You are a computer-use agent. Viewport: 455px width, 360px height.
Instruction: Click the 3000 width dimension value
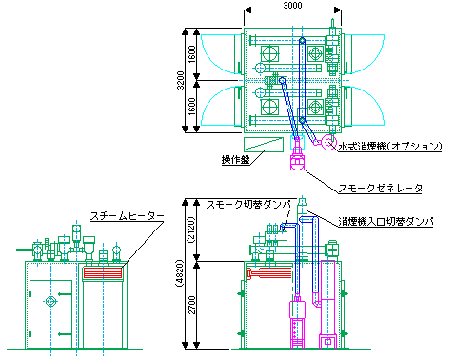point(292,6)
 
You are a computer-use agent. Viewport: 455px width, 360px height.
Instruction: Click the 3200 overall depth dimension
point(181,81)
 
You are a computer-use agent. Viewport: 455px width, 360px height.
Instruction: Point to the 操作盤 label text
point(235,160)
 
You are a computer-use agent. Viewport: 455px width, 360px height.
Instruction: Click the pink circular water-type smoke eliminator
point(329,144)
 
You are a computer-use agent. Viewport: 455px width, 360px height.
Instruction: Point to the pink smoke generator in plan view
point(296,157)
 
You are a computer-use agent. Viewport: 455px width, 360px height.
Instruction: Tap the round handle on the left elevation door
point(51,303)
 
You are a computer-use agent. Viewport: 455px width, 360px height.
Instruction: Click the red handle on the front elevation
point(251,274)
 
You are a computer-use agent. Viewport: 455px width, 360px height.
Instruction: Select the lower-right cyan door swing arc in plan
point(367,107)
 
